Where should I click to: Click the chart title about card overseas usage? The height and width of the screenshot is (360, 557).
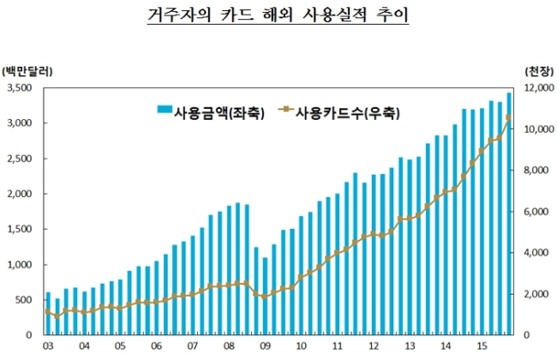(278, 15)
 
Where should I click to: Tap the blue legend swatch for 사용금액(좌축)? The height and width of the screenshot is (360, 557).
(165, 109)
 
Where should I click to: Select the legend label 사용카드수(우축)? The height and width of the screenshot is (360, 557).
(348, 113)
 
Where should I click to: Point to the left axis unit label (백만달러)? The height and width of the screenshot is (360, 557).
(27, 71)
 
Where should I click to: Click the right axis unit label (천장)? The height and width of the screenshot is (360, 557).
(539, 71)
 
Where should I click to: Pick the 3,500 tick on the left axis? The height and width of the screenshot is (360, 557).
(20, 87)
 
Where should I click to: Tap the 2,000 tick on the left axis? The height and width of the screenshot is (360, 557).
(20, 194)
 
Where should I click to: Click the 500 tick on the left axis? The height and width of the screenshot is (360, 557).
(24, 300)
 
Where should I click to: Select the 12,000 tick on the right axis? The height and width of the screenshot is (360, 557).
(539, 87)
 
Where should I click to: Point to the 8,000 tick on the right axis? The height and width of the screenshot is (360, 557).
(536, 171)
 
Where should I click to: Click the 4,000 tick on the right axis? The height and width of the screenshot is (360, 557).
(536, 253)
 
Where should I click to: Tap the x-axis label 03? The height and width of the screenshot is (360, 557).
(48, 345)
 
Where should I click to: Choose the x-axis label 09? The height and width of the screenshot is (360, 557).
(265, 345)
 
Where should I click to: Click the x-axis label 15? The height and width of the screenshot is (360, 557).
(482, 345)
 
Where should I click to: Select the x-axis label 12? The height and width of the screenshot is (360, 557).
(374, 345)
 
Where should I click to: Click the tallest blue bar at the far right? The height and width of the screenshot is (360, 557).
(509, 213)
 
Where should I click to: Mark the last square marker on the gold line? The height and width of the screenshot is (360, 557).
(508, 117)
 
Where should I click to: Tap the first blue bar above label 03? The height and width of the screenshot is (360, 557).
(48, 314)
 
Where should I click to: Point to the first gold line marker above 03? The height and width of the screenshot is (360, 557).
(48, 312)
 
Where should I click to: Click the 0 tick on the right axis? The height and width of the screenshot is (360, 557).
(527, 335)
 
